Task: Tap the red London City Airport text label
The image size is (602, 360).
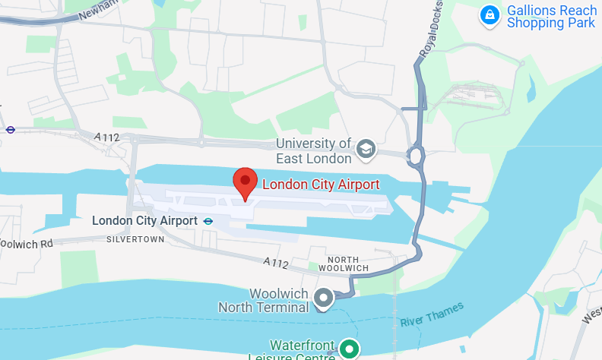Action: pos(320,184)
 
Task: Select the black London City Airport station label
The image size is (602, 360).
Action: pos(144,221)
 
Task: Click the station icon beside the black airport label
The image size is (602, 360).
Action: pos(208,221)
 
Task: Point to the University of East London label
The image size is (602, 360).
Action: pos(314,151)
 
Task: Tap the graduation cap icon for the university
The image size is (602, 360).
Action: pos(366,150)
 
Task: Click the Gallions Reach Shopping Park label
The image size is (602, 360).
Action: pos(551,17)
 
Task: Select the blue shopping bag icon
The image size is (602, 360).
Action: pos(490,14)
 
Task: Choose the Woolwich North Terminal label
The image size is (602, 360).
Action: pos(263,301)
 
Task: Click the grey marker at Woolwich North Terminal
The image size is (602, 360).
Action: pos(324,298)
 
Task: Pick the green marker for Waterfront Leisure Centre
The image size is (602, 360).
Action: pos(349,349)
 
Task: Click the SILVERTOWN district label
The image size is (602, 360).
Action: pos(136,239)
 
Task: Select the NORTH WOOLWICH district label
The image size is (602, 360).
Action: pos(344,264)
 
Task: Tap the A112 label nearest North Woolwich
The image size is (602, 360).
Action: pos(277,263)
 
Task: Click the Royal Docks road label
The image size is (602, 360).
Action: pos(431,36)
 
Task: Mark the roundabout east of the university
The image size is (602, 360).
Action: pos(415,157)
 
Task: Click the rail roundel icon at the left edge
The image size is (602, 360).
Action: pos(11,130)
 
